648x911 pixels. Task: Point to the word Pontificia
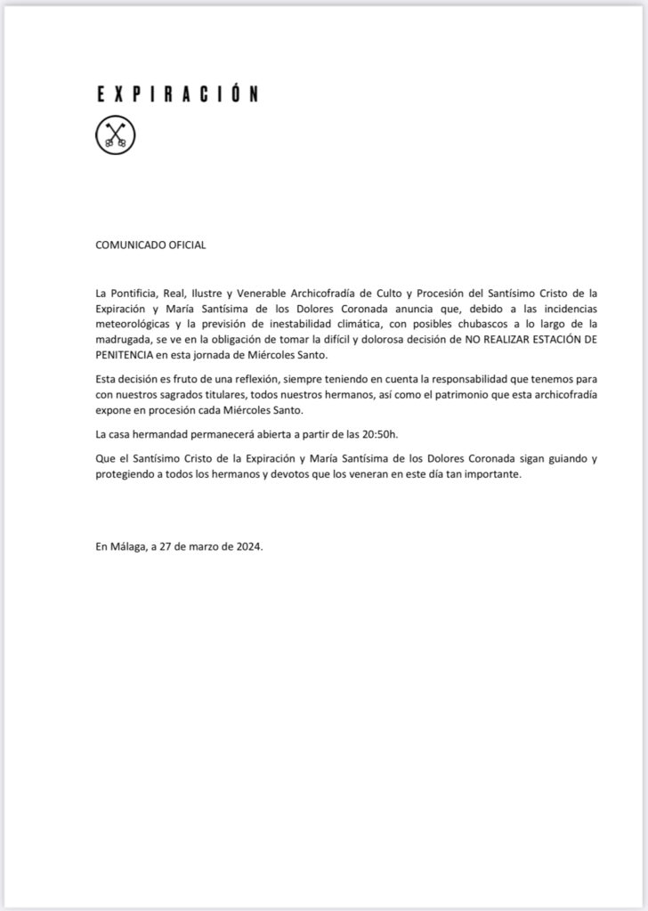pyautogui.click(x=134, y=291)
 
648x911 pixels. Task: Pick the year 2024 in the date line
pyautogui.click(x=247, y=547)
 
